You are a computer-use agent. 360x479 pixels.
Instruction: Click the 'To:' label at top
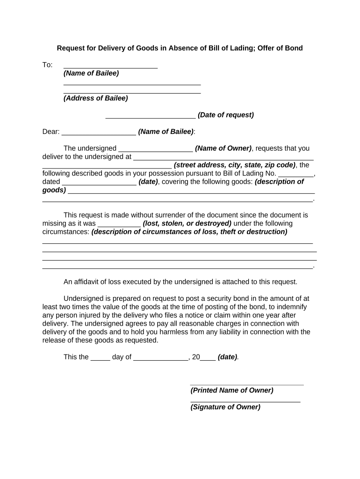point(48,65)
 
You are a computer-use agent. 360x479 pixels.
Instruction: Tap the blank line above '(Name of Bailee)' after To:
point(110,67)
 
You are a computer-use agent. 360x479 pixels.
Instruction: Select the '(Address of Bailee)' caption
point(96,98)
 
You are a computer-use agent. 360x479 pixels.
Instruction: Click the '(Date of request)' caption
point(226,115)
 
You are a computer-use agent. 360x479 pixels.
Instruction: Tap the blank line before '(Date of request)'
point(151,117)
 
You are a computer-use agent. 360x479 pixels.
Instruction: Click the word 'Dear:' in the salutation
point(51,132)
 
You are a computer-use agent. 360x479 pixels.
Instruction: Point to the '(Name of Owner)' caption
point(223,149)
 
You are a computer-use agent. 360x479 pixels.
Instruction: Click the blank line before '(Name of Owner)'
point(156,151)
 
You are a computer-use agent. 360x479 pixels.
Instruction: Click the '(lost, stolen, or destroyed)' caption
point(187,224)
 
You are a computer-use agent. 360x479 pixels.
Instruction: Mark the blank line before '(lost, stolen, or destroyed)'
point(119,225)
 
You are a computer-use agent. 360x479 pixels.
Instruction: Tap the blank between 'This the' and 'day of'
point(100,358)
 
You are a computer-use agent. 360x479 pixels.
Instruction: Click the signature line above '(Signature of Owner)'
point(245,401)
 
